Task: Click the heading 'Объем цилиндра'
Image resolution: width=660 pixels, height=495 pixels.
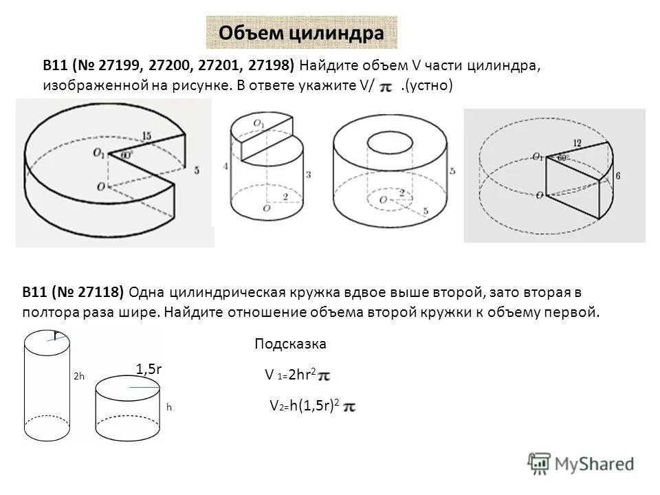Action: point(301,33)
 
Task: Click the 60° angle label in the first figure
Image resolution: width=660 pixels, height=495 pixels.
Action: point(125,155)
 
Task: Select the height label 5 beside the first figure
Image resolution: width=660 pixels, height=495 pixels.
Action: point(197,170)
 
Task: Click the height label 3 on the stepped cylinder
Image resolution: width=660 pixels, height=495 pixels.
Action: point(309,175)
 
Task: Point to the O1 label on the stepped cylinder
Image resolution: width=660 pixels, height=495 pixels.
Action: point(258,124)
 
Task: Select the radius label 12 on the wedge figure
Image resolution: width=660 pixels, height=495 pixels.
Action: point(576,143)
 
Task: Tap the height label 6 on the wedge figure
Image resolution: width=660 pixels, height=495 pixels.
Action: point(618,176)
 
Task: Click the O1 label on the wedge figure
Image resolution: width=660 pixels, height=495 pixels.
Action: point(538,157)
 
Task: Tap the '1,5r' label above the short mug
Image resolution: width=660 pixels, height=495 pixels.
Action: point(148,369)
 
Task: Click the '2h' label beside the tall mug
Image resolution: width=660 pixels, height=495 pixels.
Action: point(79,377)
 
